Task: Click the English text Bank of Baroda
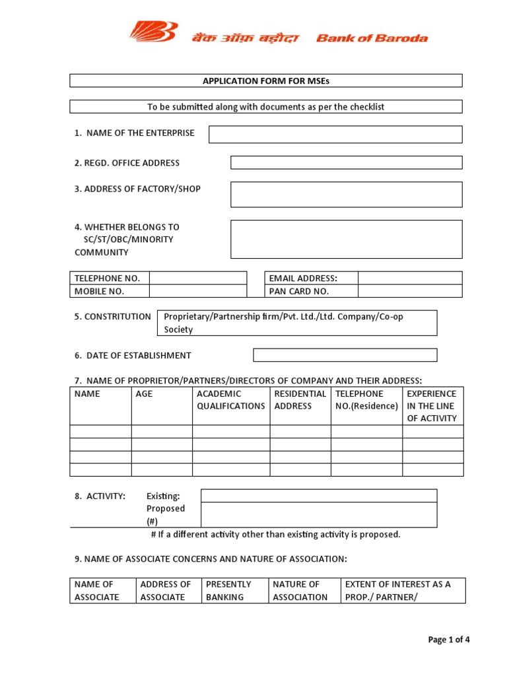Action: pyautogui.click(x=372, y=38)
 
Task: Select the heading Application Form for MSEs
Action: pyautogui.click(x=265, y=81)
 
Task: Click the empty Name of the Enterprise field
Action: pyautogui.click(x=335, y=135)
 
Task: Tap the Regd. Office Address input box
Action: pyautogui.click(x=346, y=162)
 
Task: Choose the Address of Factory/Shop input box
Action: pyautogui.click(x=346, y=195)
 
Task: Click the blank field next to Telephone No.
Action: pyautogui.click(x=197, y=279)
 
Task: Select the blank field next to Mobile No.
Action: pyautogui.click(x=197, y=291)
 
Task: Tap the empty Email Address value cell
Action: pyautogui.click(x=410, y=279)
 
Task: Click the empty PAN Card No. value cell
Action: pyautogui.click(x=410, y=291)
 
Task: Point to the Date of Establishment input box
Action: pyautogui.click(x=345, y=355)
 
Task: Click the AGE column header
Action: pyautogui.click(x=144, y=394)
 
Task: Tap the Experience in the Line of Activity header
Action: pyautogui.click(x=432, y=406)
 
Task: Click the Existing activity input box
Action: pyautogui.click(x=318, y=496)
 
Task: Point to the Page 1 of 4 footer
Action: pyautogui.click(x=448, y=640)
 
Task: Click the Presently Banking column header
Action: pyautogui.click(x=228, y=591)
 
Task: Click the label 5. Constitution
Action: pyautogui.click(x=112, y=317)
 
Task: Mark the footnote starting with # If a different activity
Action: pyautogui.click(x=276, y=535)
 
